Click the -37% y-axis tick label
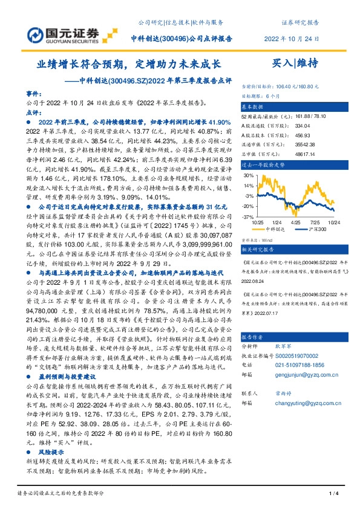click(249, 216)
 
